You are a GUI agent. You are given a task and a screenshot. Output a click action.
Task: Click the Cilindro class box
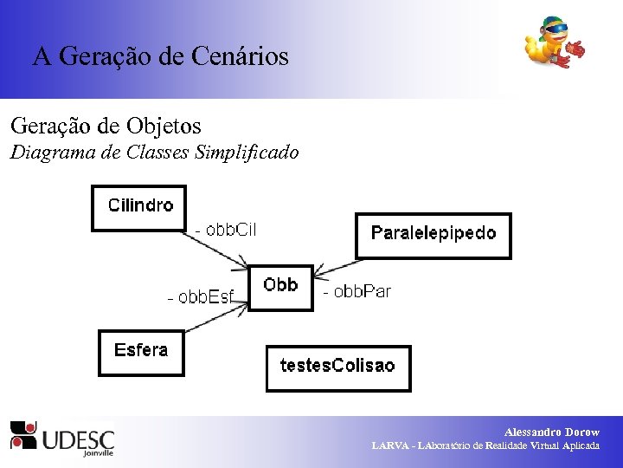[x=139, y=208]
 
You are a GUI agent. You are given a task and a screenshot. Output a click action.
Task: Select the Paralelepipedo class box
[x=434, y=235]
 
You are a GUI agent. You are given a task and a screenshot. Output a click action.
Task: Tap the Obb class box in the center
[x=280, y=287]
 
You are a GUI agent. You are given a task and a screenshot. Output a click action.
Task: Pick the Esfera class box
[x=141, y=352]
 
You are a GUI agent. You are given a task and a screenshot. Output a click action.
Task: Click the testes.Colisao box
[x=337, y=367]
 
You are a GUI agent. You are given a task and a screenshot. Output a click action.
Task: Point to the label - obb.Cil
[x=226, y=231]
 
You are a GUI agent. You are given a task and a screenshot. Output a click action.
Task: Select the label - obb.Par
[x=356, y=292]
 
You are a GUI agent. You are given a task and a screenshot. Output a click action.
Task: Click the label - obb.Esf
[x=200, y=297]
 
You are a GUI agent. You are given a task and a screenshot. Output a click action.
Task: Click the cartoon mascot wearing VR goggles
[x=553, y=43]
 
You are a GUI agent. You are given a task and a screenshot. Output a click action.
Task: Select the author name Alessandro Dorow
[x=551, y=432]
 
